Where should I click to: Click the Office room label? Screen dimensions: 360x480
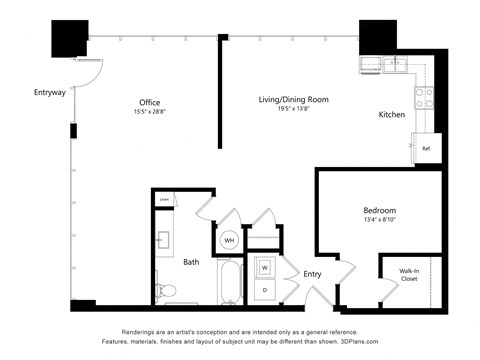coord(150,101)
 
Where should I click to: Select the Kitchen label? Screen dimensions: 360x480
coord(391,115)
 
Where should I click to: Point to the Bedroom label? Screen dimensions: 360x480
coord(379,210)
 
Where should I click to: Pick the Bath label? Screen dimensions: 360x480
coord(191,262)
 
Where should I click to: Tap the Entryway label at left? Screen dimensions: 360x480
coord(49,93)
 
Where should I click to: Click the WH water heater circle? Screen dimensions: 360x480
coord(228,241)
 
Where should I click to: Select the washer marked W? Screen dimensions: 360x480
coord(265,267)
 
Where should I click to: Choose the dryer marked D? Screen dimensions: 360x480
coord(265,289)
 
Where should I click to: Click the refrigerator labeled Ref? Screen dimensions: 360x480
coord(425,149)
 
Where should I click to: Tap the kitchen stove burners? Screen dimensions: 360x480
coord(424,97)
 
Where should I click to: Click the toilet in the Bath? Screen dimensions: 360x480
coord(167,291)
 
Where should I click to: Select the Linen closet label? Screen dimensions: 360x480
coord(164,200)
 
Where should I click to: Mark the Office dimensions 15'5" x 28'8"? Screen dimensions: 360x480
coord(150,111)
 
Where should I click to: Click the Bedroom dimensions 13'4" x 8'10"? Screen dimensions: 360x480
coord(379,221)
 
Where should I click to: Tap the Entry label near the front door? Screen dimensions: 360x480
coord(313,273)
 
